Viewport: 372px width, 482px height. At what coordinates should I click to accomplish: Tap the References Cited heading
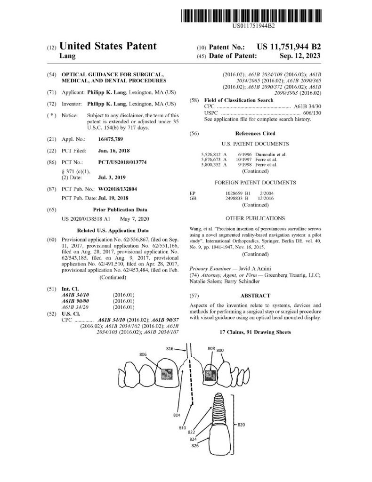(255, 134)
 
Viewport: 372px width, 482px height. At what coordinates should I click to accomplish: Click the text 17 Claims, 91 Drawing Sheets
(255, 332)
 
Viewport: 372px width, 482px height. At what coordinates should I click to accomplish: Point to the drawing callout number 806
(143, 354)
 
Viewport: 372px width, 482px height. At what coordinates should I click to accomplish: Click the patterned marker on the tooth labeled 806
(167, 374)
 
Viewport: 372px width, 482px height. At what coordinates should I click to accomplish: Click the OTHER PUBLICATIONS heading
(255, 218)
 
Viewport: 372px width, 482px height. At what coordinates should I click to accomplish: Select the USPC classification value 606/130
(311, 113)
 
